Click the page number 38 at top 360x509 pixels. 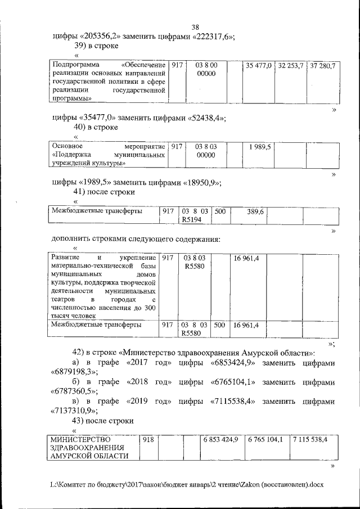(x=195, y=28)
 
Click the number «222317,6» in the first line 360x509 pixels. (x=213, y=37)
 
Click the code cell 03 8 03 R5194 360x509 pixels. (x=194, y=216)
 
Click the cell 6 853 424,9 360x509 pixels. (x=222, y=439)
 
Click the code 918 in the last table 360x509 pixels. (x=147, y=439)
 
